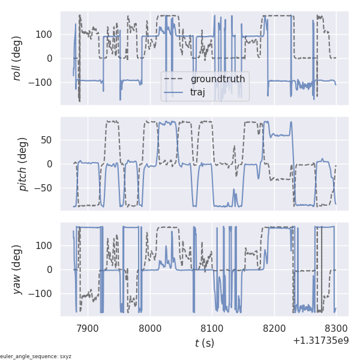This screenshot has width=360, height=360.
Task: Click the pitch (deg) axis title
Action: pyautogui.click(x=23, y=164)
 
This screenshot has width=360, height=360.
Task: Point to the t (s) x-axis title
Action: pyautogui.click(x=204, y=343)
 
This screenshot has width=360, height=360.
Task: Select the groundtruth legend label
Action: pyautogui.click(x=218, y=79)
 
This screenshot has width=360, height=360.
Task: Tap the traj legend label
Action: pyautogui.click(x=201, y=92)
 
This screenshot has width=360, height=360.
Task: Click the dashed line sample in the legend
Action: pyautogui.click(x=175, y=79)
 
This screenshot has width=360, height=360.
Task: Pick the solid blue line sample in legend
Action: pyautogui.click(x=175, y=92)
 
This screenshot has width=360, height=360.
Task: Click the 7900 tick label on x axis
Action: pyautogui.click(x=88, y=328)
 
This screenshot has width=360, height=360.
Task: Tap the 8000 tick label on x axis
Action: pyautogui.click(x=150, y=328)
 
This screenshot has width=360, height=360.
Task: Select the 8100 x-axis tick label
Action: pyautogui.click(x=212, y=328)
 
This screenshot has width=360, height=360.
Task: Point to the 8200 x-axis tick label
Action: pyautogui.click(x=274, y=328)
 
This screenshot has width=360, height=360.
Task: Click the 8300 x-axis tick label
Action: pyautogui.click(x=335, y=328)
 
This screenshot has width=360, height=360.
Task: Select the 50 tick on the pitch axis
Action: pyautogui.click(x=48, y=140)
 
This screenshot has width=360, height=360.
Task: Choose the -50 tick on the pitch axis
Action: pyautogui.click(x=46, y=188)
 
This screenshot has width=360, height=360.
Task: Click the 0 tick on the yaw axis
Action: pyautogui.click(x=51, y=269)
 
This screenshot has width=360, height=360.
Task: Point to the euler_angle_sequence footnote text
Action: pyautogui.click(x=36, y=356)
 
